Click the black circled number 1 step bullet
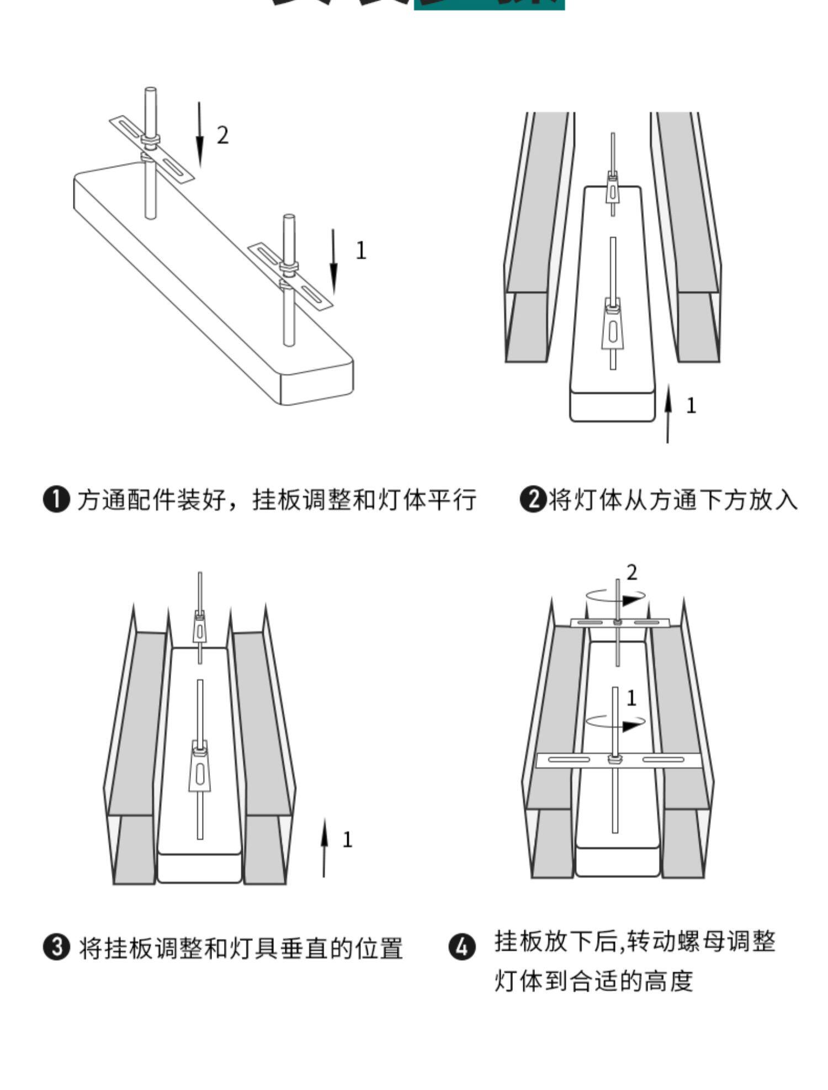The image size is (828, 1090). coord(57,500)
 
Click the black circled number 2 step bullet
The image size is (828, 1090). coord(533,500)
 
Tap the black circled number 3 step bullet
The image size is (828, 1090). coord(57,948)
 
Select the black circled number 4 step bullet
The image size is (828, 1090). coord(462,948)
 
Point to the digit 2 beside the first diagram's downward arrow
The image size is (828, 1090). coord(222,135)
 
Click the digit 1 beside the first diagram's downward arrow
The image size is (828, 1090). coord(361,251)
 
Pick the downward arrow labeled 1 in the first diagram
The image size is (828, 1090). coord(333,262)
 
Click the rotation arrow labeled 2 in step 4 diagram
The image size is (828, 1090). coord(616,597)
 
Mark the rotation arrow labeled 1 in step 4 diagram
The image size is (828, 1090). coord(616,722)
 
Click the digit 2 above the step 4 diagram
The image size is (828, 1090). coord(632,573)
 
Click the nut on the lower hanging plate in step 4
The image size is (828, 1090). coord(613,759)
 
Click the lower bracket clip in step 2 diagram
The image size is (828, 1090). coord(612,326)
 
